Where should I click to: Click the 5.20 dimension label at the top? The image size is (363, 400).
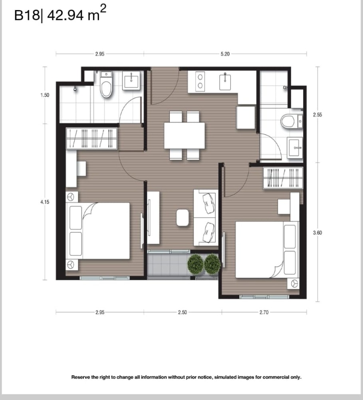225,54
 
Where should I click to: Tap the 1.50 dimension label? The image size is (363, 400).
45,95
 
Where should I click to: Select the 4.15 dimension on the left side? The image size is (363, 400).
45,202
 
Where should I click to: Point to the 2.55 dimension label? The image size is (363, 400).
317,114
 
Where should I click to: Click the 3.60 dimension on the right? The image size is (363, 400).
317,232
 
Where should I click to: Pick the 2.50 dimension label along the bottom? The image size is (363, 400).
182,312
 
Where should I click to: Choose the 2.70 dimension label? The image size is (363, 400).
264,312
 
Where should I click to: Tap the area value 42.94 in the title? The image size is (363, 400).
65,15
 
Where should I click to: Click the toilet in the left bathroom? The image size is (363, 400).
106,84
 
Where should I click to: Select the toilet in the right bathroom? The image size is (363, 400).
292,121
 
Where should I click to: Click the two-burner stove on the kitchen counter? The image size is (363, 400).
200,81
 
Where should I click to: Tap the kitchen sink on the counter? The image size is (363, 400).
225,82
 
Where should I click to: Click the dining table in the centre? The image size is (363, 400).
184,136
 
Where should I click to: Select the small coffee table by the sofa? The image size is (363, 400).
182,218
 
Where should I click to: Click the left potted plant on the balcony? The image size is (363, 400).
196,264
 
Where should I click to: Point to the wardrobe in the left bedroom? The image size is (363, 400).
92,138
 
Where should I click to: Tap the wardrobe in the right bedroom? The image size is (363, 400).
283,178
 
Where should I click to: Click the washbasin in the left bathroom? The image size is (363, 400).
131,81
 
